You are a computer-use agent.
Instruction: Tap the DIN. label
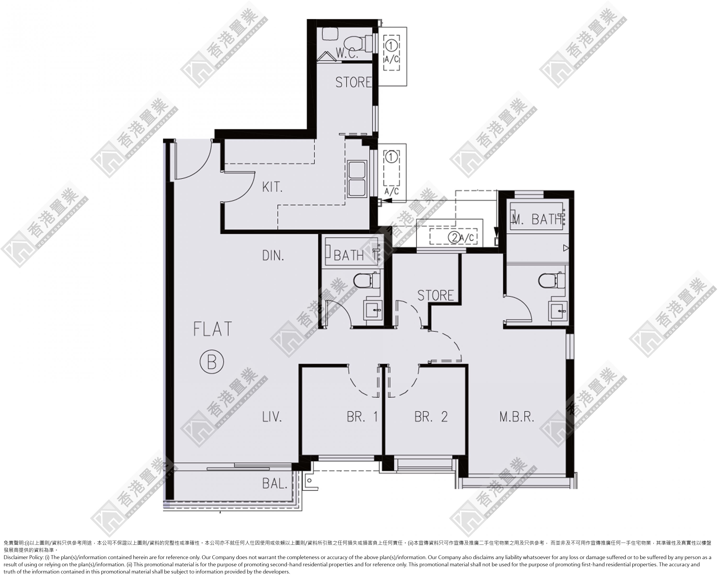click(273, 255)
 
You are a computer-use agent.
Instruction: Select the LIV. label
click(272, 417)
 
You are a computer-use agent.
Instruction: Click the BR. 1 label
click(362, 417)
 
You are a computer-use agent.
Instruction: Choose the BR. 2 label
click(431, 417)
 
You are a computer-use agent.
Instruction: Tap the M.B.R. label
click(517, 417)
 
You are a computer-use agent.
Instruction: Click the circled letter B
click(212, 362)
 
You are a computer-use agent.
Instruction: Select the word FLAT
click(212, 329)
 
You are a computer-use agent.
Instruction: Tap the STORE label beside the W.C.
click(353, 82)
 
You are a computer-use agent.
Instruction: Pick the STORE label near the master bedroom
click(436, 295)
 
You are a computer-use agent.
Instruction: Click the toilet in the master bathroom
click(552, 280)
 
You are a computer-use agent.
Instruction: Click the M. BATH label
click(537, 219)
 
